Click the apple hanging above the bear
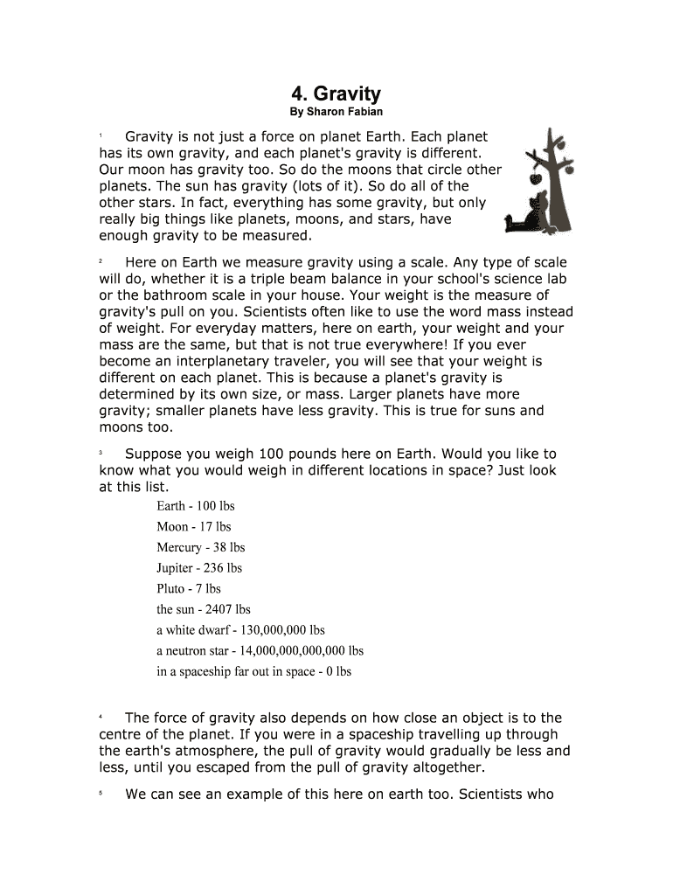(x=535, y=178)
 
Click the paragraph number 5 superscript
(x=101, y=794)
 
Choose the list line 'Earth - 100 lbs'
(x=196, y=506)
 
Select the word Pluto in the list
(x=170, y=589)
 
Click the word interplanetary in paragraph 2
(x=216, y=361)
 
